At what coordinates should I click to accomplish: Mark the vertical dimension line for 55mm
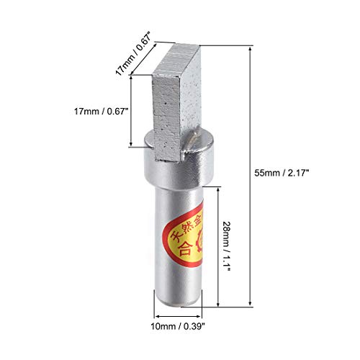(251, 173)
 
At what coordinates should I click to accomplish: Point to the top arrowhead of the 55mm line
(251, 44)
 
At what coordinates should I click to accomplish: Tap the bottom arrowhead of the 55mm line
(251, 302)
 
